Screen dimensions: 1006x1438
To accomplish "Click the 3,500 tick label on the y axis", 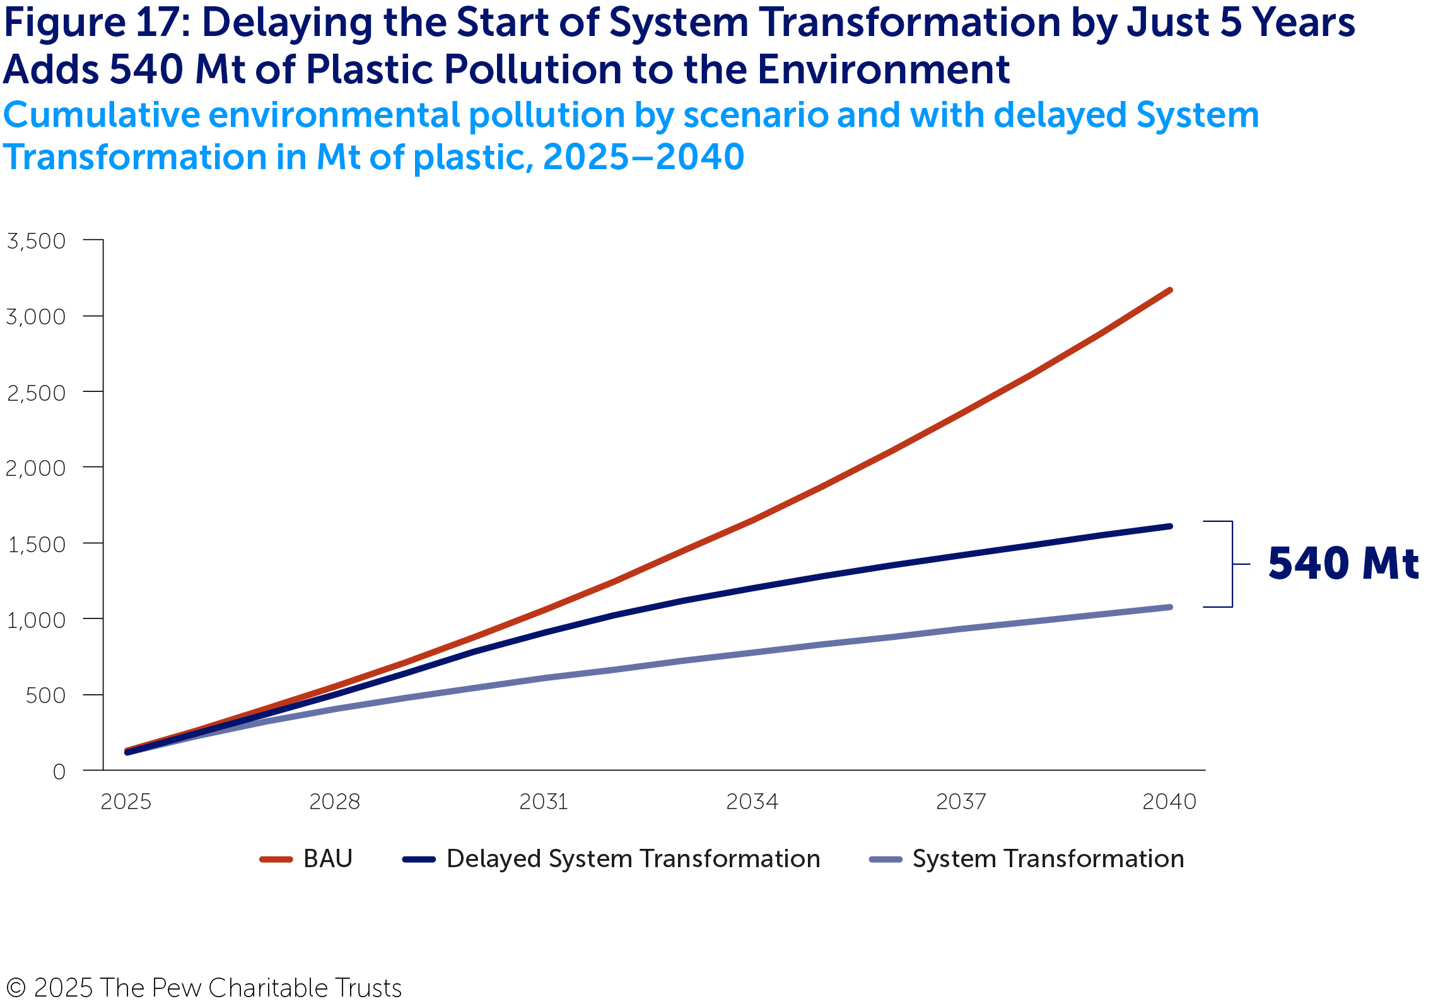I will [x=36, y=241].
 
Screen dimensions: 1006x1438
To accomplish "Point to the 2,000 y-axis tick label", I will [x=36, y=468].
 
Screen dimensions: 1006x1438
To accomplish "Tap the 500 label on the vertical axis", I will [x=45, y=695].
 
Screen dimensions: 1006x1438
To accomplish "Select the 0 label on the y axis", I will [x=59, y=771].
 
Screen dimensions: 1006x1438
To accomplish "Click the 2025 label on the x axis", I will [x=126, y=802].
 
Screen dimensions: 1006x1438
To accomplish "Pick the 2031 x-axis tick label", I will [x=544, y=802].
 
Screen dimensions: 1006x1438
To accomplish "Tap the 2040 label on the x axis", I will [x=1169, y=802].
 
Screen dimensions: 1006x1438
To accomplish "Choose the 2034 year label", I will [x=752, y=802].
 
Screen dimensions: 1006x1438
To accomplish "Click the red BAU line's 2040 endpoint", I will [x=1170, y=290].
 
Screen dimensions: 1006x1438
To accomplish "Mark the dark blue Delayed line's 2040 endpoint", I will [x=1170, y=526].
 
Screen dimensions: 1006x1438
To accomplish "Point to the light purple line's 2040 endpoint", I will [x=1170, y=607].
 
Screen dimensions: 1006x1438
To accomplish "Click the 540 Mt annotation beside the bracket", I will [x=1343, y=563].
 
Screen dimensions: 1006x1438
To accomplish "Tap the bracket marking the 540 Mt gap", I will [x=1232, y=564].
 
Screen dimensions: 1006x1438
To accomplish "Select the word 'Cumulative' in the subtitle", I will [x=101, y=115].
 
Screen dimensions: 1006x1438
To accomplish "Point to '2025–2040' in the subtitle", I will [x=643, y=157].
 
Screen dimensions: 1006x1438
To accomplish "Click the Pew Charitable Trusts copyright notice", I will [x=204, y=988].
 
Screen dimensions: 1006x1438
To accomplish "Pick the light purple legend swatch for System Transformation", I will [x=886, y=860].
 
